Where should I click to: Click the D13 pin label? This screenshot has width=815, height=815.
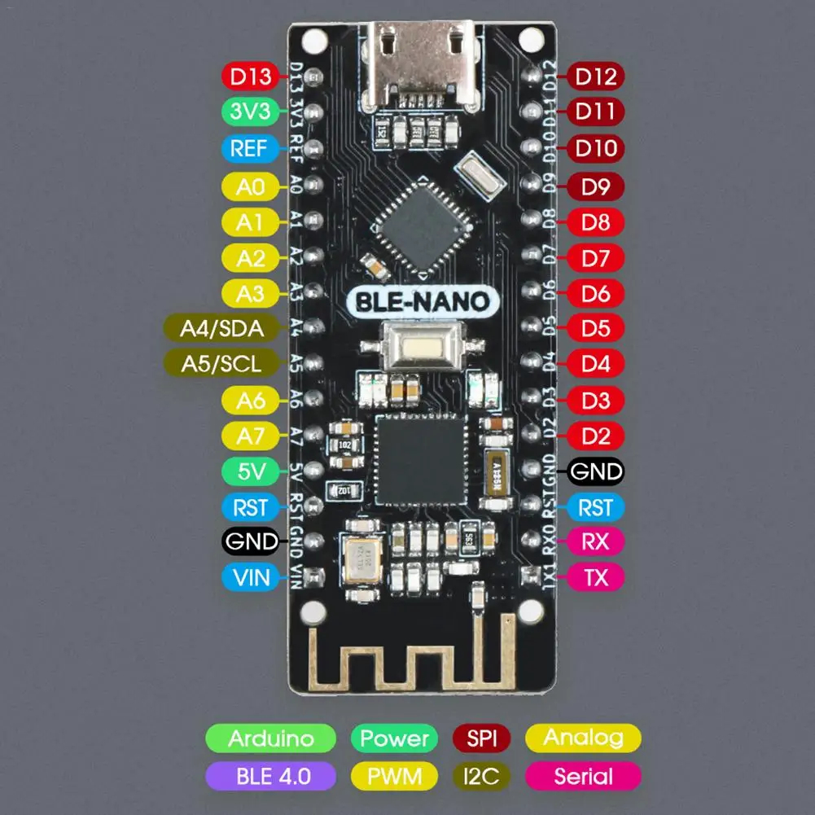coord(250,77)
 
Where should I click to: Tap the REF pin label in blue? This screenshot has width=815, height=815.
coord(250,149)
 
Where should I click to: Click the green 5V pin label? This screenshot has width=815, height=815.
coord(250,471)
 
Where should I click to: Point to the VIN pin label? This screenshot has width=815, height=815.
coord(250,578)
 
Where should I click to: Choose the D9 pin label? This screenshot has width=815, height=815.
coord(596,186)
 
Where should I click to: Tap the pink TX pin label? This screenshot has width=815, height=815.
coord(596,577)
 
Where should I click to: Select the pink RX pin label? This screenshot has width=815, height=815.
coord(596,541)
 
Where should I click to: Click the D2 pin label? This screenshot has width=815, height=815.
coord(596,436)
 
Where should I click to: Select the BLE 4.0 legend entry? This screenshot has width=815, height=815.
coord(270,775)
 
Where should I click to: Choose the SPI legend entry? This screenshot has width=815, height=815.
coord(481,738)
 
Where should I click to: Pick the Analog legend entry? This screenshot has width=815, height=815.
coord(583,738)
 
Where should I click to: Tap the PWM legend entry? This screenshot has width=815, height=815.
coord(394,775)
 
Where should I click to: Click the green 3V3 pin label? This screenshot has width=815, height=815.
coord(250,112)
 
